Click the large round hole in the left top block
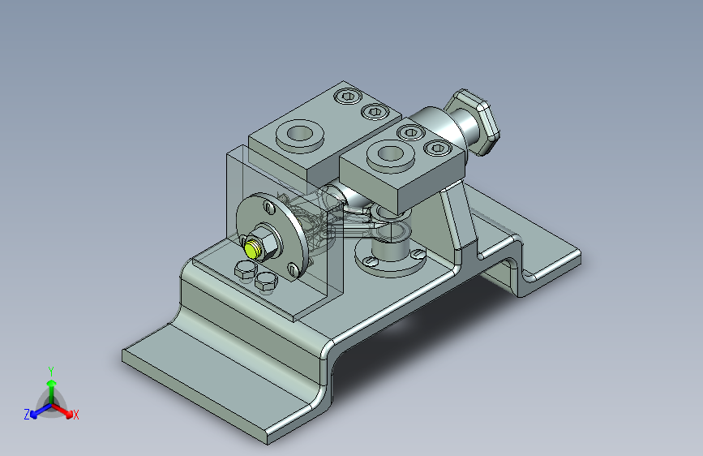[x=299, y=133]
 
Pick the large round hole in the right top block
[x=391, y=153]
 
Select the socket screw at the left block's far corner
[x=348, y=96]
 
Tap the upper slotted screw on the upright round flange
[x=269, y=208]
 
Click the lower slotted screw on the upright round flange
[x=294, y=269]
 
